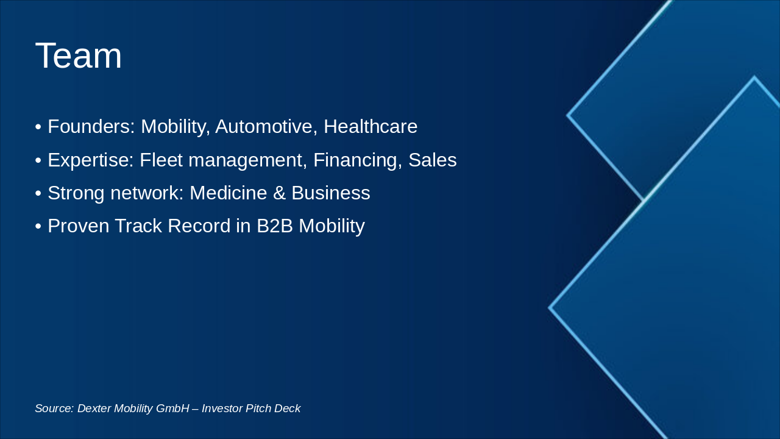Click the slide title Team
pos(79,55)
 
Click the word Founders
pos(91,127)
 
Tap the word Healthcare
pos(370,127)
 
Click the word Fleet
pos(159,160)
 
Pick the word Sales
pos(433,160)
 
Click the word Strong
pos(76,193)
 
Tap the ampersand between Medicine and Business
pos(279,193)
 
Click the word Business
pos(331,193)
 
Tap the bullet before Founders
pos(38,127)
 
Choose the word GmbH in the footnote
pos(172,409)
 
